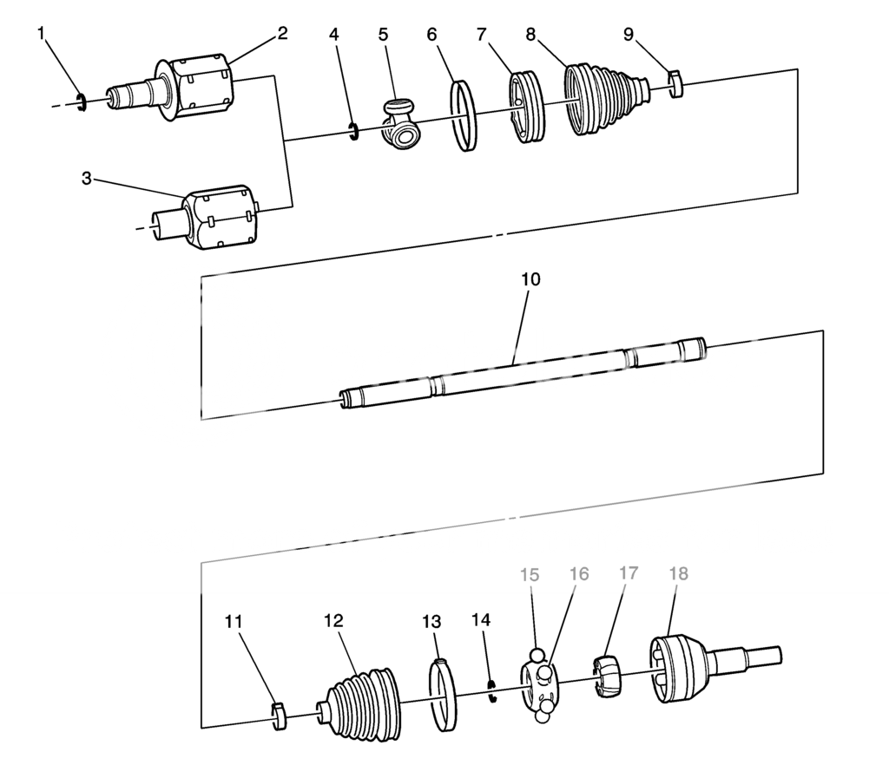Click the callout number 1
point(41,34)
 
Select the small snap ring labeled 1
point(81,101)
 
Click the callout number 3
point(86,179)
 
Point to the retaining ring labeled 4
point(354,131)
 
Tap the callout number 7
point(482,35)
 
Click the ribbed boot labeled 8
point(607,102)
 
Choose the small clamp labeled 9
point(675,83)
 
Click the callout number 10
point(530,279)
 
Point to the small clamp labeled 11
point(279,716)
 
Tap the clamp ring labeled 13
point(443,694)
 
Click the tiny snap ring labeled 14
point(493,690)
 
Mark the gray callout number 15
point(530,575)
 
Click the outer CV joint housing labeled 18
point(714,668)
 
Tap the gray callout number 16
point(579,574)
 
